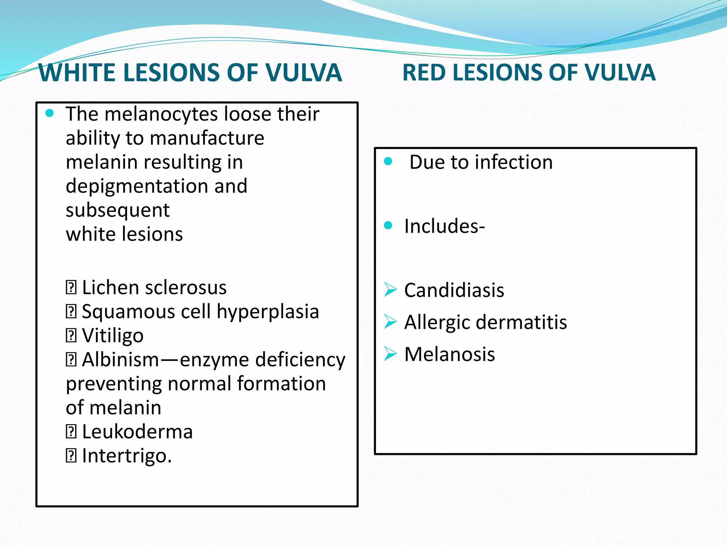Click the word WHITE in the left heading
coord(78,73)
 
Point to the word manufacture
coord(207,138)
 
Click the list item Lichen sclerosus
coord(154,287)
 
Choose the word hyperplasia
coord(268,312)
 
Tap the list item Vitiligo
coord(113,336)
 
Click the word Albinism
coord(121,359)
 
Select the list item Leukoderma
coord(137,432)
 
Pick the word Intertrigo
coord(127,456)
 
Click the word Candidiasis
coord(454,290)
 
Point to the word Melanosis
coord(449,354)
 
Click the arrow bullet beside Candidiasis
coord(390,289)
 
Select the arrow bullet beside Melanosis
coord(390,354)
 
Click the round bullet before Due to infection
coord(388,161)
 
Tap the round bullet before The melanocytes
coord(50,113)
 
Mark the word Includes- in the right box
coord(444,226)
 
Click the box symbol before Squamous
coord(71,312)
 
